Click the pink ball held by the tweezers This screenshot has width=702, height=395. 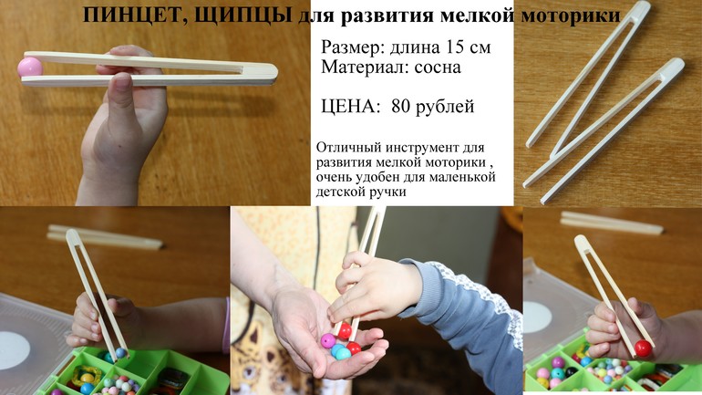tap(30, 68)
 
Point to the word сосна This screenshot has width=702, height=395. tap(438, 68)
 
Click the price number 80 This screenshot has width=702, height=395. tap(401, 107)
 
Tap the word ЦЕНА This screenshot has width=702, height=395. tap(349, 107)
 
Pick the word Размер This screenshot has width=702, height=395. tap(352, 47)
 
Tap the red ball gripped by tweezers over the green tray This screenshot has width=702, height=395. tap(644, 348)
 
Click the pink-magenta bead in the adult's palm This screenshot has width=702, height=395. tap(327, 341)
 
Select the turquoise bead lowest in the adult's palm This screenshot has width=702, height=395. tap(343, 354)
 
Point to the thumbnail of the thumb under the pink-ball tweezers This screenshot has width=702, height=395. tap(122, 81)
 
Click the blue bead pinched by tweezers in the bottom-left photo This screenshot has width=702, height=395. tap(120, 353)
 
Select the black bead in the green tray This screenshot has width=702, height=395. tap(571, 371)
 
